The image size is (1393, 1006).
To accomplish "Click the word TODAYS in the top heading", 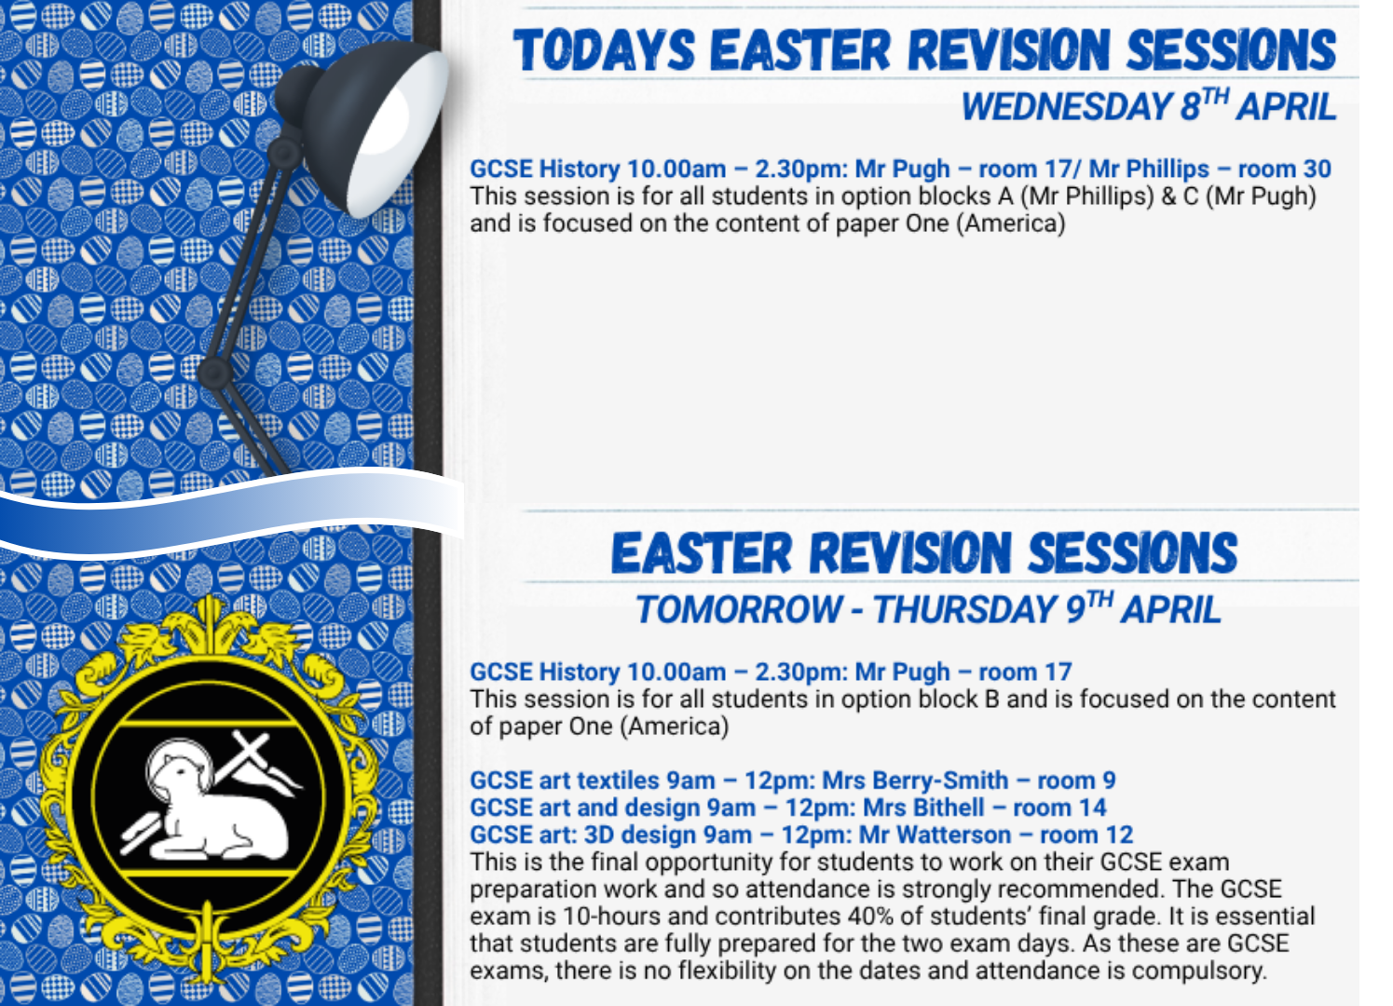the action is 604,49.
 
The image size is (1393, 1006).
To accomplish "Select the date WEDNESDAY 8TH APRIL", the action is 1149,105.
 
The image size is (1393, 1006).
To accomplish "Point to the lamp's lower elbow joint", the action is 215,373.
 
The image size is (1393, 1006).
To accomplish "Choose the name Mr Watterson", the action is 935,835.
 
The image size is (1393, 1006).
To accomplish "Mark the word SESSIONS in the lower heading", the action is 1132,552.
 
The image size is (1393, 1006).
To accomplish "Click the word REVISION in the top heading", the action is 1009,49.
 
